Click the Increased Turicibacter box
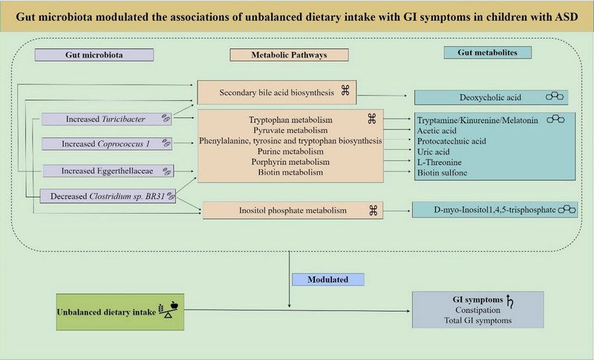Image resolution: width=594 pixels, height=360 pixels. click(107, 119)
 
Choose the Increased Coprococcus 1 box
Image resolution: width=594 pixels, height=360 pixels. click(107, 143)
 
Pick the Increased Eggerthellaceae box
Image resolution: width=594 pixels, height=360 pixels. click(107, 171)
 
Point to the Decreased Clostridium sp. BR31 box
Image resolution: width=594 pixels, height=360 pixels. click(107, 196)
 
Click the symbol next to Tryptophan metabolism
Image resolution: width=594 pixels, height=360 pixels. click(372, 118)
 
